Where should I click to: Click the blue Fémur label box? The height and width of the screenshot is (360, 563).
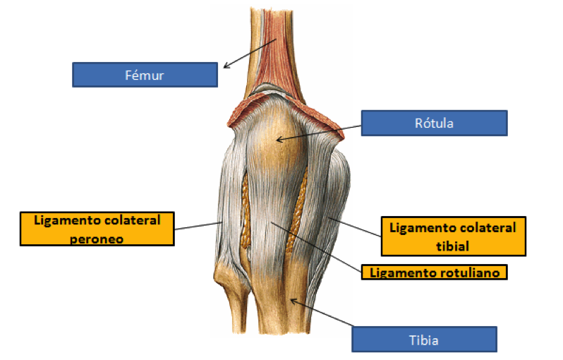(145, 74)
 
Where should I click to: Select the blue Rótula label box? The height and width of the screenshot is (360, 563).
(434, 123)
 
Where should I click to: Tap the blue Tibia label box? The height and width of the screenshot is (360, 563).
(424, 340)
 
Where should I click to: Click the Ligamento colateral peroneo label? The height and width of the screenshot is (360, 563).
(97, 229)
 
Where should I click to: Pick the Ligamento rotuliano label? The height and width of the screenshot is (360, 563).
(434, 271)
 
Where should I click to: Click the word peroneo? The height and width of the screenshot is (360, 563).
(97, 239)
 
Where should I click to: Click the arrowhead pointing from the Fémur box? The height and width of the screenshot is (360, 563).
(226, 67)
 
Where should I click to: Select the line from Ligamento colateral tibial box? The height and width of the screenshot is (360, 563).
(356, 229)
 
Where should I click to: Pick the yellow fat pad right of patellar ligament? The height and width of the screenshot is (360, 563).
(303, 201)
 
